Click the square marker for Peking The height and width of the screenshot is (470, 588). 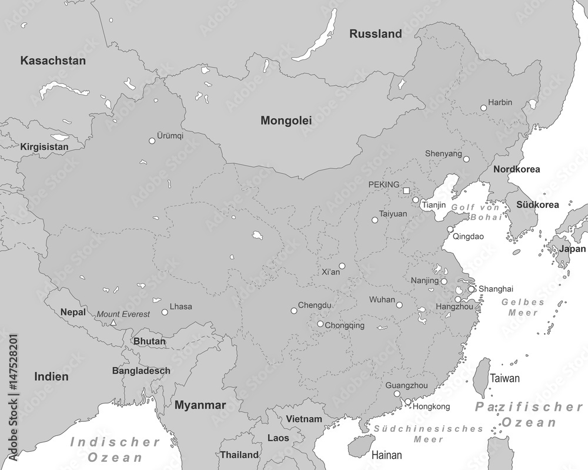(x=406, y=190)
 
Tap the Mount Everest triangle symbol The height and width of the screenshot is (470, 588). (x=113, y=323)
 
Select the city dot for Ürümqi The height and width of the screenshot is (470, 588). (x=152, y=141)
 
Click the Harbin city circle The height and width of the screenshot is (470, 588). (x=483, y=108)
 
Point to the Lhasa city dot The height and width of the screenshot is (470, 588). (x=165, y=312)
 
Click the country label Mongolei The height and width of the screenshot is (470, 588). (x=286, y=120)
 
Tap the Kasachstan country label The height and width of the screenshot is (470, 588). (x=53, y=61)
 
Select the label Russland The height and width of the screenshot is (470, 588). (x=376, y=34)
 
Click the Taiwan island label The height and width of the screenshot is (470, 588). (x=505, y=378)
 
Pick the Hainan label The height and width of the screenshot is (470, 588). (x=386, y=455)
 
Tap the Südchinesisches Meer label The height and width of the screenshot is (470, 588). (x=429, y=434)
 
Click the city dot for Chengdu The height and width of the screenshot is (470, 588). (x=293, y=311)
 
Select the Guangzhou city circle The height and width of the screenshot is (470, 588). (x=397, y=394)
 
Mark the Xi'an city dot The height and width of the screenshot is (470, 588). (x=342, y=266)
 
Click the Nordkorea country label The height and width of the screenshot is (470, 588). (x=516, y=169)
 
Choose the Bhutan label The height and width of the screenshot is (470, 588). (x=149, y=341)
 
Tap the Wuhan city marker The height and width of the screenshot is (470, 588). (x=399, y=305)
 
